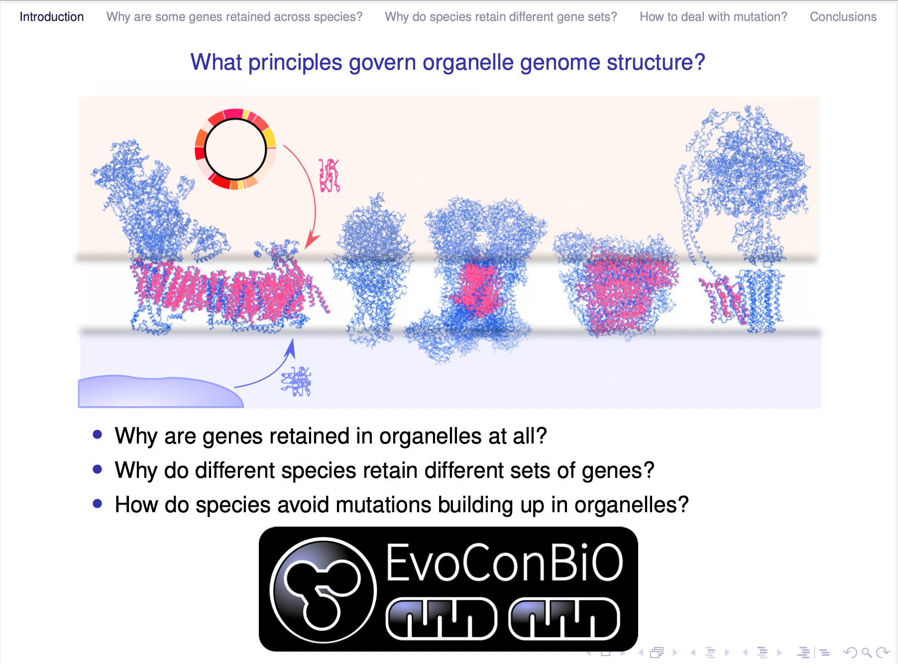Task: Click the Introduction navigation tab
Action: [52, 17]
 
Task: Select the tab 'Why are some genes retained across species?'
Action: [234, 17]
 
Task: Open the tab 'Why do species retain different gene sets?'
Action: [501, 17]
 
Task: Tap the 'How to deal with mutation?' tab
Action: [713, 17]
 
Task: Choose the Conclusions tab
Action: [843, 17]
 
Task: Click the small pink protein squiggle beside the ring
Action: [330, 175]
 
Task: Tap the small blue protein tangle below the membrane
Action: [297, 382]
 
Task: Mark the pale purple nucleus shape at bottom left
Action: [160, 392]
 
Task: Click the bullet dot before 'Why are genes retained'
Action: [98, 435]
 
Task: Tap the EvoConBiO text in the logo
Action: [505, 562]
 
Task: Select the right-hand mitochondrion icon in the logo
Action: [564, 619]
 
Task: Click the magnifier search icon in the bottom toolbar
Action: [867, 652]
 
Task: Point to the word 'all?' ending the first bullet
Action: [530, 436]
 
